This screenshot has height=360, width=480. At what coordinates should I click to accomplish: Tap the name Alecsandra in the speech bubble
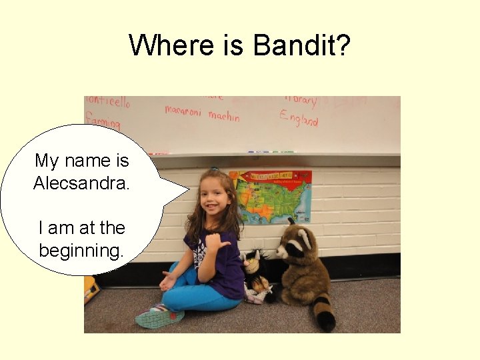[81, 183]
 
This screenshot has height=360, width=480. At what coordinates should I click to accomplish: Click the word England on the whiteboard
[299, 119]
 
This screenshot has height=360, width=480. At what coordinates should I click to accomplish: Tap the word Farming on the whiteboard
[102, 122]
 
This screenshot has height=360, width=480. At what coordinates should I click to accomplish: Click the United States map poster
[270, 196]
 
